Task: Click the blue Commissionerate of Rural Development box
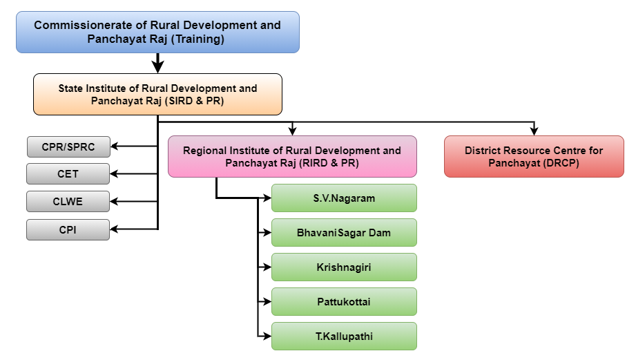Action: [x=157, y=32]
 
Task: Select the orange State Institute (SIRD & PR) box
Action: [x=157, y=94]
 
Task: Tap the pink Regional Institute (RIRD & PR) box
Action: [x=292, y=157]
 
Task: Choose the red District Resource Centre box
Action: [x=534, y=157]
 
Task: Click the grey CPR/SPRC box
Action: [x=68, y=146]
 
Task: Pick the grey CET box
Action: [x=68, y=174]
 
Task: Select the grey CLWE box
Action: [x=68, y=202]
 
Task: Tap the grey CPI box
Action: [x=68, y=229]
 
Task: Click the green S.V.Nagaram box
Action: [x=344, y=198]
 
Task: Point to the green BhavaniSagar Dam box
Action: [x=344, y=232]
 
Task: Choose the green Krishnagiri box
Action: [x=344, y=267]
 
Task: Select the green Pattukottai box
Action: [x=344, y=301]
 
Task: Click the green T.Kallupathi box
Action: [x=344, y=337]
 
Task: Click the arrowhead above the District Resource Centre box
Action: [x=534, y=131]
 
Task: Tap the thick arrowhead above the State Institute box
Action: [x=157, y=67]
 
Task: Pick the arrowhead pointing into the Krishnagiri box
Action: [x=267, y=267]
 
